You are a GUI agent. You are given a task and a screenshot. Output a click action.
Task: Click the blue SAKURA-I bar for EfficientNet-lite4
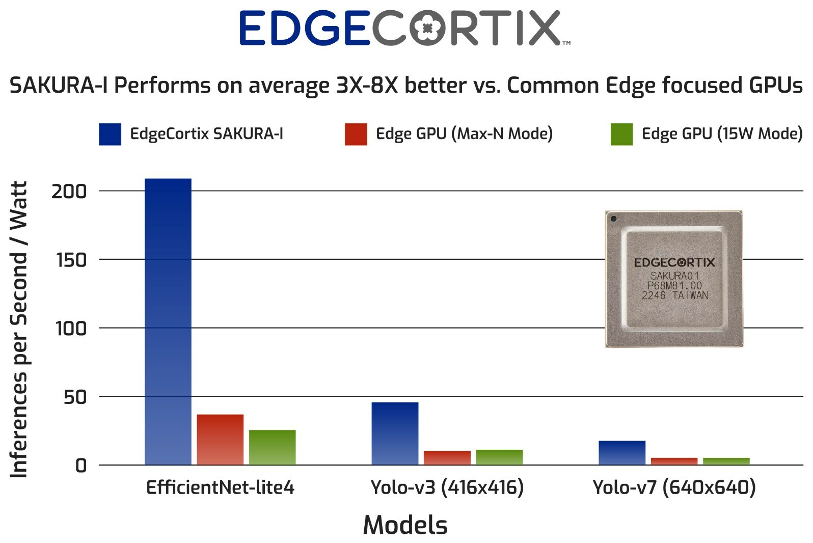pos(168,321)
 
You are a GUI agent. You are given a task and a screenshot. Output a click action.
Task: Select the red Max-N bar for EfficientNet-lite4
pos(220,439)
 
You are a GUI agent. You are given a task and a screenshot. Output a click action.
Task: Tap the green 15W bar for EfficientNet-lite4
pos(272,447)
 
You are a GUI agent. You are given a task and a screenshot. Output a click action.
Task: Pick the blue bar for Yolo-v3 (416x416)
pos(395,433)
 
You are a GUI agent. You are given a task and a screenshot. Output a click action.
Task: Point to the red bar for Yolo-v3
pos(447,457)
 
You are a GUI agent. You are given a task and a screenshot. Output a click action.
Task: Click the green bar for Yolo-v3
pos(499,457)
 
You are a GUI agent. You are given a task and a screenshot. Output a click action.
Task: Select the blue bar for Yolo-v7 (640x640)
pos(622,452)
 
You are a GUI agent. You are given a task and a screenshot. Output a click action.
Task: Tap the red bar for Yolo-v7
pos(674,461)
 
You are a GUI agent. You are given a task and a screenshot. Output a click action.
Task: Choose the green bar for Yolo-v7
pos(726,461)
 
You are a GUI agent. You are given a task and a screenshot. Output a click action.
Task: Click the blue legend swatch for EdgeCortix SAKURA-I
pos(110,134)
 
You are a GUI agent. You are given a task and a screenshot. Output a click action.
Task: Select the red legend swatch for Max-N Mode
pos(356,134)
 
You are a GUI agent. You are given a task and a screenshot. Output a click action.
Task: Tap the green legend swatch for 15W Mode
pos(621,134)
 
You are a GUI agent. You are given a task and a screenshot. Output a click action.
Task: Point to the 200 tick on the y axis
pos(69,192)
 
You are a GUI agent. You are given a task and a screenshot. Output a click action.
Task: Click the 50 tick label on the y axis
pos(75,397)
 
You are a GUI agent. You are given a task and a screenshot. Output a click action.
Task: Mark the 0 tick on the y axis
pos(81,466)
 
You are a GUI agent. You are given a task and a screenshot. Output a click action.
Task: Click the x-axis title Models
pos(405,525)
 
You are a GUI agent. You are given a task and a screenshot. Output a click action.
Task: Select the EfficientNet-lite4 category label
pos(220,487)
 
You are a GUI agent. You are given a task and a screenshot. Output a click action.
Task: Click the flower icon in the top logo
pos(427,29)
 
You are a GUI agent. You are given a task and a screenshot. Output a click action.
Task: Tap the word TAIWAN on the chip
pos(690,295)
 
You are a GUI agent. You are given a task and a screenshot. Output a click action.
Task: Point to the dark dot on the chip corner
pos(614,219)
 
